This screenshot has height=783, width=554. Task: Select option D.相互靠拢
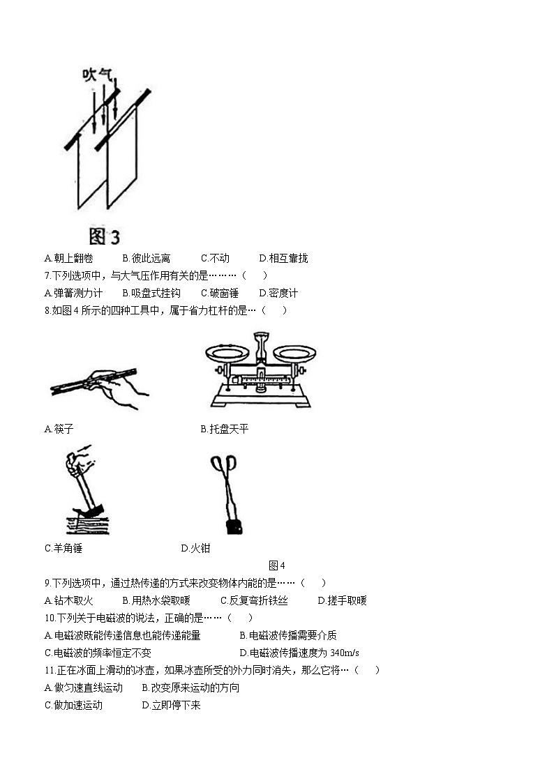[283, 258]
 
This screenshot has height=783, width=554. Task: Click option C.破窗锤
[220, 294]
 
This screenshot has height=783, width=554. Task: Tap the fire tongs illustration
[227, 495]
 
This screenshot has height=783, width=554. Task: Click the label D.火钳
[195, 548]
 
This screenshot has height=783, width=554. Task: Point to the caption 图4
[276, 565]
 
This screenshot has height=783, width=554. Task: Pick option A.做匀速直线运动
[83, 687]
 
